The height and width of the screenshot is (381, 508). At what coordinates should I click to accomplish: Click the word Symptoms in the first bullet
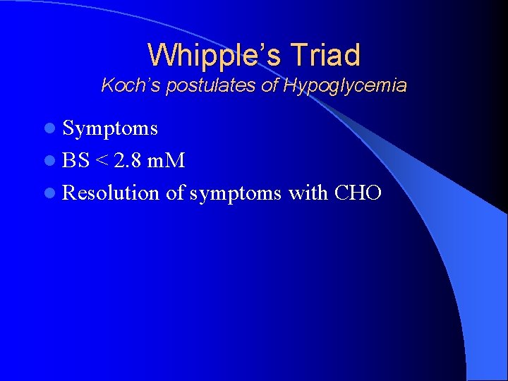pyautogui.click(x=109, y=128)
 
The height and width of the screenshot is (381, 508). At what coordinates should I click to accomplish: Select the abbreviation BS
pyautogui.click(x=75, y=160)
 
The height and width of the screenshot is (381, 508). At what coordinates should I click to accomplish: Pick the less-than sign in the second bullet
pyautogui.click(x=102, y=161)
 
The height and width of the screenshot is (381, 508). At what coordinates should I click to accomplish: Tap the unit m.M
pyautogui.click(x=168, y=160)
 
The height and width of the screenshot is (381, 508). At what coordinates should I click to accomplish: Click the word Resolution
pyautogui.click(x=111, y=193)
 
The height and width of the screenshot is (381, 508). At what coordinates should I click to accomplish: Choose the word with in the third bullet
pyautogui.click(x=308, y=193)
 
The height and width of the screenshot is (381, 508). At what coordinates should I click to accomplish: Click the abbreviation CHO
pyautogui.click(x=358, y=193)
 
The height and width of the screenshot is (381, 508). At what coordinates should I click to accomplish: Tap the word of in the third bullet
pyautogui.click(x=176, y=193)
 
